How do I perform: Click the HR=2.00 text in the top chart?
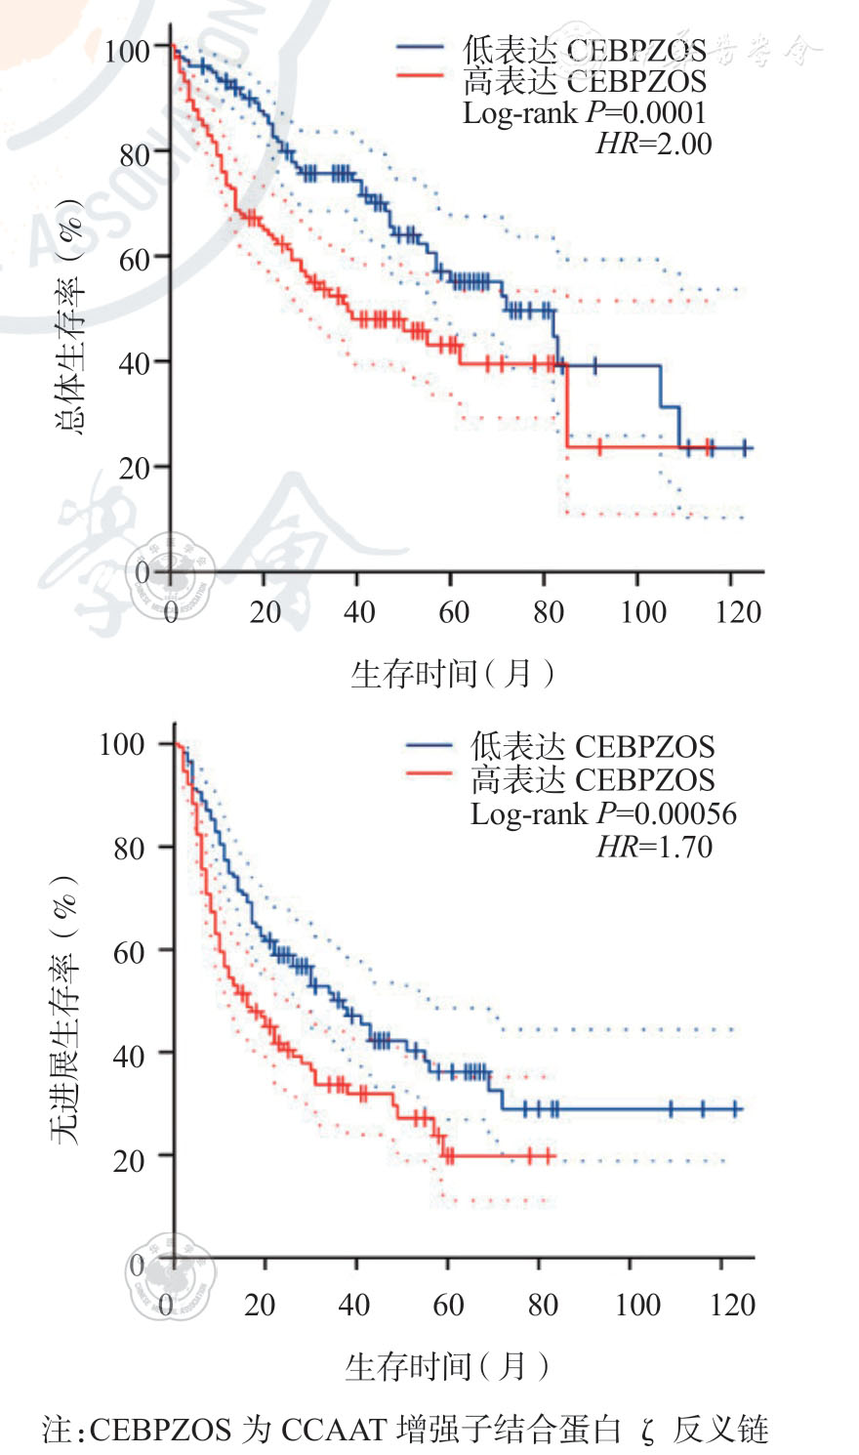coord(653,145)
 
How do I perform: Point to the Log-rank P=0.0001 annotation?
coord(584,113)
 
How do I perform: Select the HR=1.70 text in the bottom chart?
coord(654,847)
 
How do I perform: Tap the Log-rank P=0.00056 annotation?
coord(603,814)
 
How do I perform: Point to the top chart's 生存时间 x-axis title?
coord(451,674)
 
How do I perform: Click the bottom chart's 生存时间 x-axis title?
coord(446,1366)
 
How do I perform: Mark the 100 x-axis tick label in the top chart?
coord(643,612)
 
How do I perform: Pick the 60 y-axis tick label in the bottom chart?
coord(129,951)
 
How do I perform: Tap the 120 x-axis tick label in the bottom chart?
coord(733,1305)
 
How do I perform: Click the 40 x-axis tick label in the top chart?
coord(359,612)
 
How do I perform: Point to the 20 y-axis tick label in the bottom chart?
coord(129,1160)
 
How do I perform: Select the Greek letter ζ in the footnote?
coord(648,1433)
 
